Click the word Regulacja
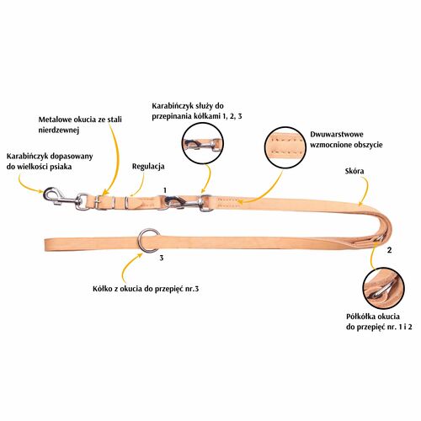click(148, 167)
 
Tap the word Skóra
click(354, 171)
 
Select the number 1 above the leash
click(165, 190)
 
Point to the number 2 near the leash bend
click(389, 250)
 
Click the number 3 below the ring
click(162, 258)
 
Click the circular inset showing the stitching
click(286, 148)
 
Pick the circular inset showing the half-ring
click(383, 289)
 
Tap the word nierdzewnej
click(59, 131)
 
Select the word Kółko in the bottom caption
click(103, 289)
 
